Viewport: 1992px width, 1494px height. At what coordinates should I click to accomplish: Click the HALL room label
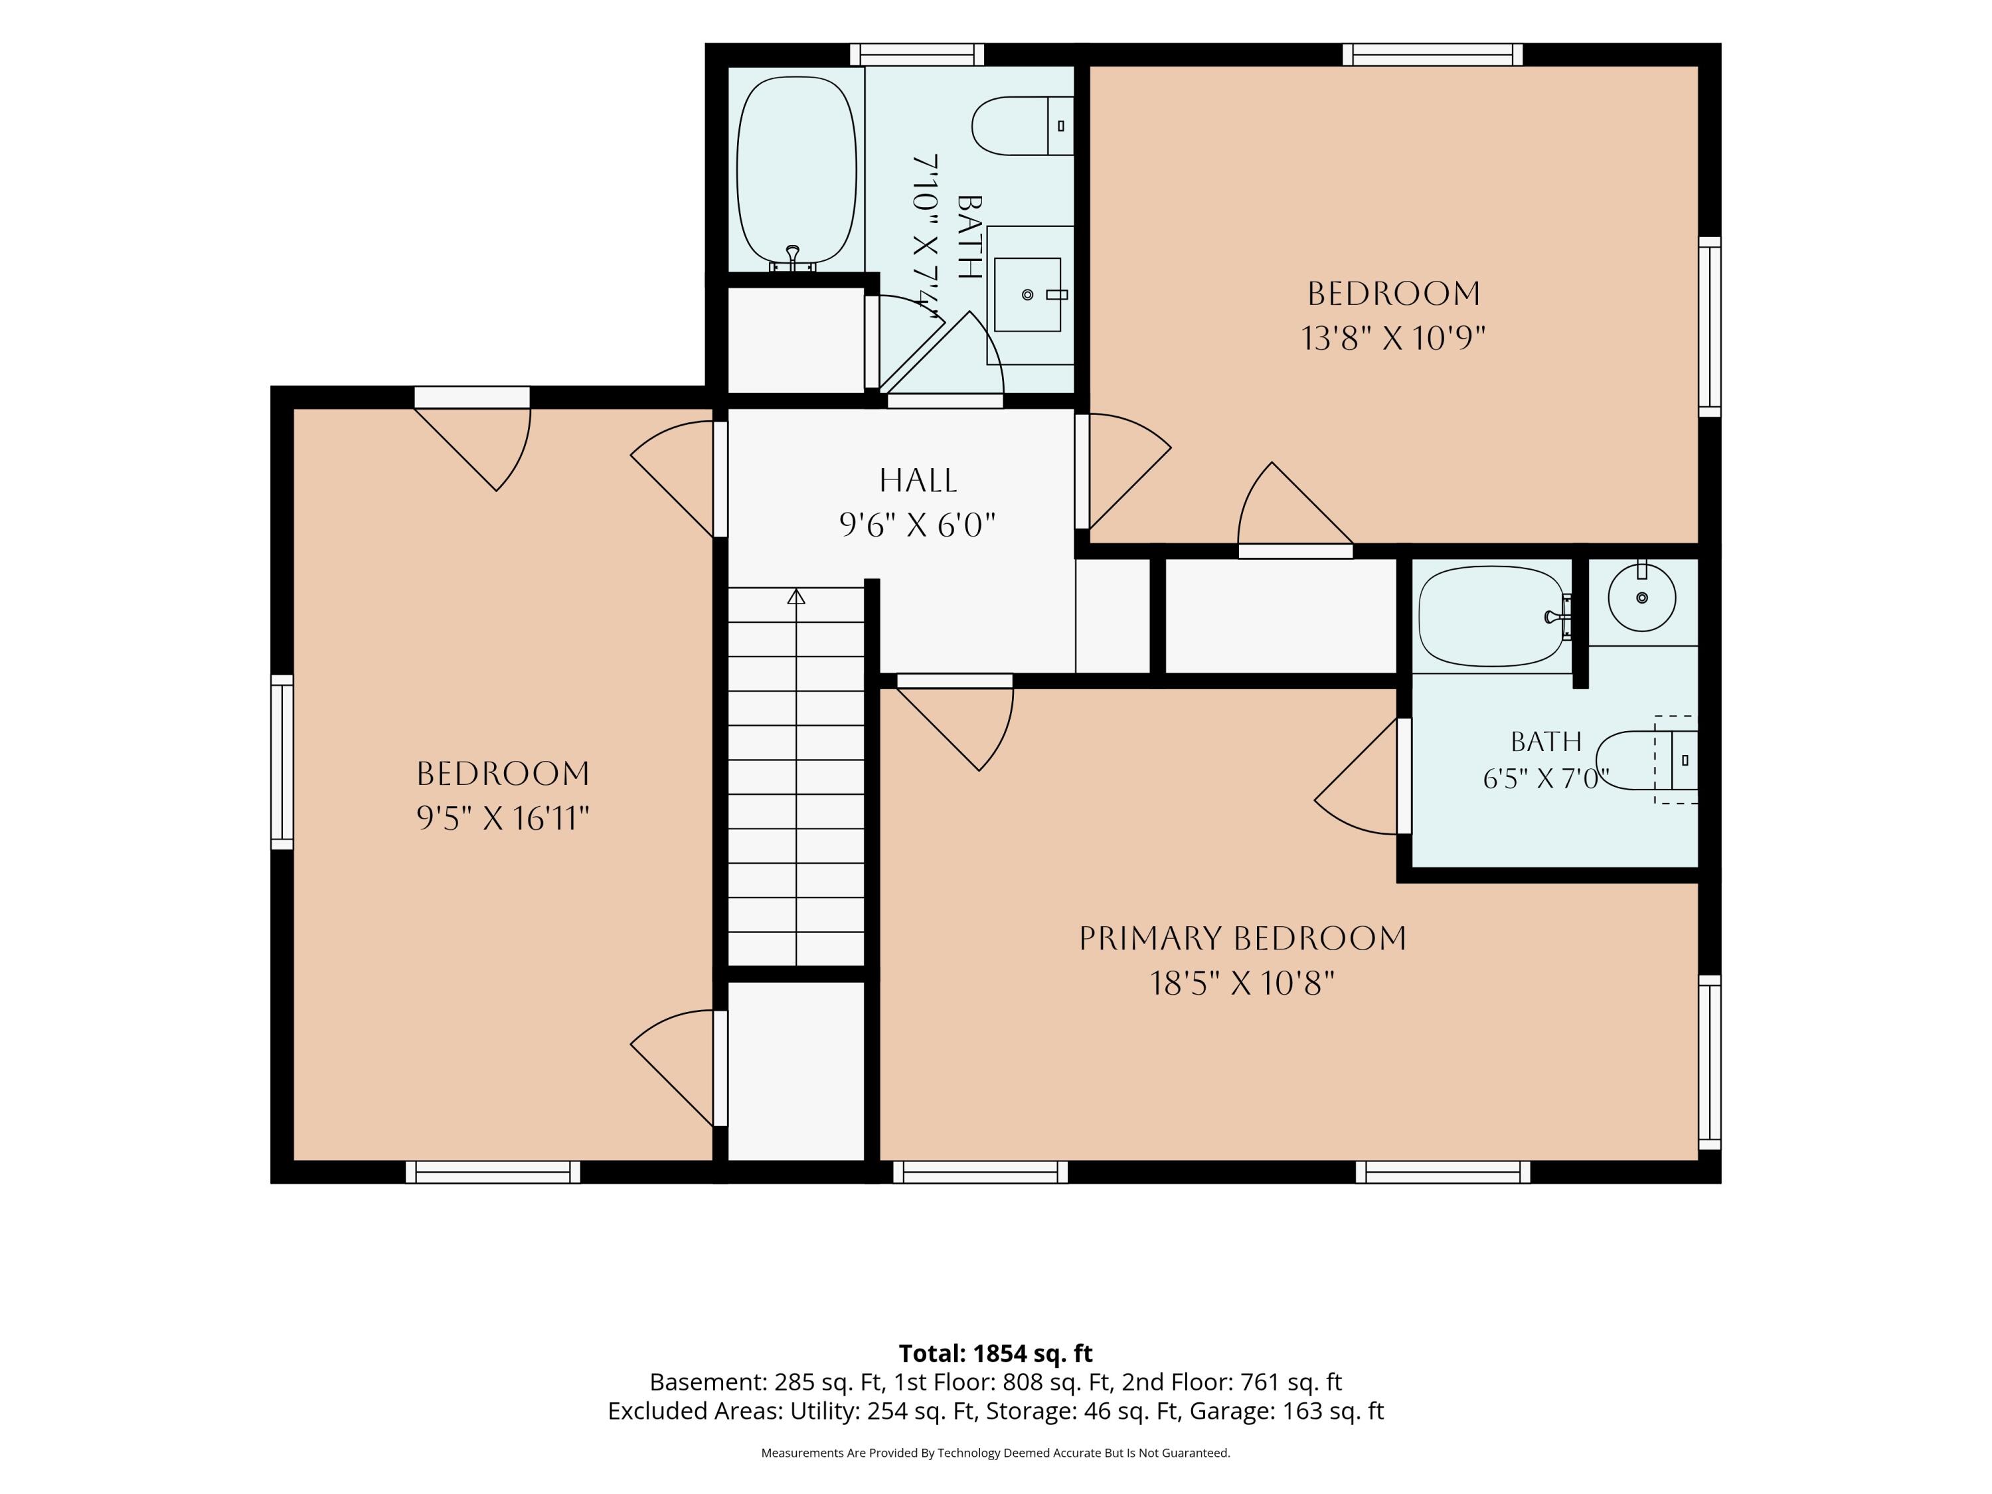(x=918, y=480)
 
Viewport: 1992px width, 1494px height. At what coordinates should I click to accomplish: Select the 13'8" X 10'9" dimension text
(x=1393, y=339)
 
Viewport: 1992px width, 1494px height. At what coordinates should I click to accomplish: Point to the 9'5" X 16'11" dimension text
(x=503, y=819)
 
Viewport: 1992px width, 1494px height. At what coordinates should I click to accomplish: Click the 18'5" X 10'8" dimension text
(x=1242, y=983)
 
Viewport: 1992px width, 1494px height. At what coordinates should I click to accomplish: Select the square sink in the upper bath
(x=1027, y=294)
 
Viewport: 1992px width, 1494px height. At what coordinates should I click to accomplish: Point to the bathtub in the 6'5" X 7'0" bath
(x=1494, y=616)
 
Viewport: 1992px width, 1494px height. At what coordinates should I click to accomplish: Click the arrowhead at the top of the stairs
(x=796, y=596)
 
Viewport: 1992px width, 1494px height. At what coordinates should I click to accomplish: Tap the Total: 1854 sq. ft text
(x=995, y=1353)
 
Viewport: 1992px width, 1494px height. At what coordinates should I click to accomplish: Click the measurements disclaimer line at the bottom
(x=995, y=1453)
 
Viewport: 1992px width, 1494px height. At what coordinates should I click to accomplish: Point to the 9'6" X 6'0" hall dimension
(x=918, y=525)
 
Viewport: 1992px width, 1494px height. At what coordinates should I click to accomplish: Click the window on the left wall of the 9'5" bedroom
(x=282, y=762)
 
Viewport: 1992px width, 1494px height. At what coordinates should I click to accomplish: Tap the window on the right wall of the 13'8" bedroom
(x=1709, y=327)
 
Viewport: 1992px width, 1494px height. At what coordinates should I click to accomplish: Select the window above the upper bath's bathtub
(x=917, y=55)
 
